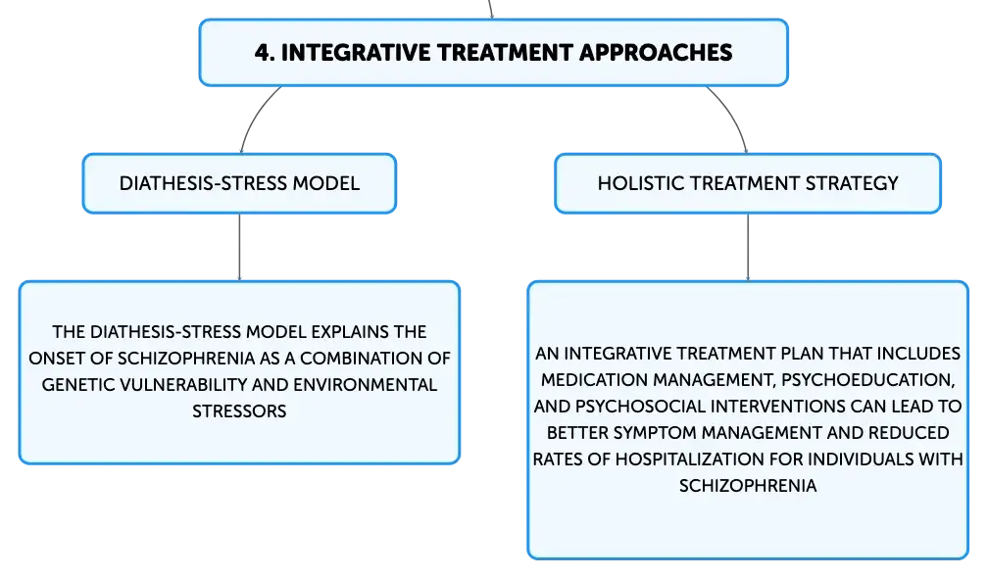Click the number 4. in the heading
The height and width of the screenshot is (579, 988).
click(x=265, y=52)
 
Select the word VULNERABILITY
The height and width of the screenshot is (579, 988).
click(x=184, y=385)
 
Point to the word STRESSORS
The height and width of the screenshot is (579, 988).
click(x=239, y=411)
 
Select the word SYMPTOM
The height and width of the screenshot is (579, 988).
click(x=656, y=433)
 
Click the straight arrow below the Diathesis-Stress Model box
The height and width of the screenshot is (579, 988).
click(x=239, y=247)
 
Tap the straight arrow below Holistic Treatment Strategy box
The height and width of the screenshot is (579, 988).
click(x=748, y=247)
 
